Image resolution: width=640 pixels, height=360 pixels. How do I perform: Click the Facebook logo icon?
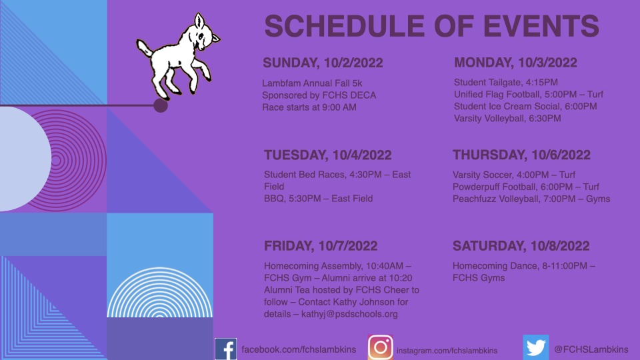tap(226, 349)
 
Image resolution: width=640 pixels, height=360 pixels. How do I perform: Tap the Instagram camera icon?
tap(381, 347)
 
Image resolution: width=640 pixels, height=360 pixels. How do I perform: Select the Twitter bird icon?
tap(536, 347)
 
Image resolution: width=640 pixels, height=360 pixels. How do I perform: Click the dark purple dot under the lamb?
tap(161, 105)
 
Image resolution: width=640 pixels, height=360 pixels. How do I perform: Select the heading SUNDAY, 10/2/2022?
tap(323, 63)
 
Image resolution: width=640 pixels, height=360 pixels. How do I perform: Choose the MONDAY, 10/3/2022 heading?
tap(515, 63)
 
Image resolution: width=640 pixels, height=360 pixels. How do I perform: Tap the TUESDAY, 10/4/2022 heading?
tap(328, 155)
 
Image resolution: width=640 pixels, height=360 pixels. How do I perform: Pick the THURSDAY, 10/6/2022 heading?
tap(521, 155)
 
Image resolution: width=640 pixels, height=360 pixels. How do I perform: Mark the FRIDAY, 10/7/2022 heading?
tap(321, 246)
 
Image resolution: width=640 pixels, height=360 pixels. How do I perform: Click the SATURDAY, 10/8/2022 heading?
tap(521, 246)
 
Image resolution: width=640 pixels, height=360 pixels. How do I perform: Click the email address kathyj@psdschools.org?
tap(349, 314)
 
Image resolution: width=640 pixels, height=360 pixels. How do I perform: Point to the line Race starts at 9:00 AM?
tap(309, 107)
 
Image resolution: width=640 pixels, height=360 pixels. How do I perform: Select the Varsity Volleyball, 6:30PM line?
tap(507, 119)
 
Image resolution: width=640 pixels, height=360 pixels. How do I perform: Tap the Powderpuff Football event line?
tap(526, 187)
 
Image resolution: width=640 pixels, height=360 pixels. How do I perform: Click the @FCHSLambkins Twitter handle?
tap(591, 349)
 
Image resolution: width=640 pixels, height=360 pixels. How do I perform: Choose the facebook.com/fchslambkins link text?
tap(299, 349)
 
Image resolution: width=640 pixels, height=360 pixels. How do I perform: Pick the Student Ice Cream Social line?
tap(525, 107)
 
